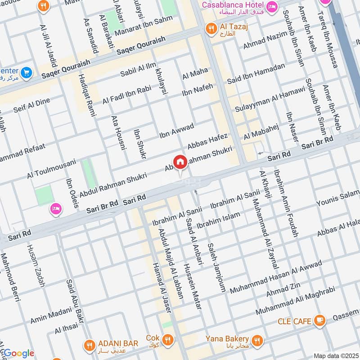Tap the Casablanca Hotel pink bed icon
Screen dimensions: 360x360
tap(272, 6)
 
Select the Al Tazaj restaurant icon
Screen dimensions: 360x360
tap(210, 29)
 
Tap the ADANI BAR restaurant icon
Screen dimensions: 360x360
tap(89, 345)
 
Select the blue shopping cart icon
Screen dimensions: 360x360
tap(26, 72)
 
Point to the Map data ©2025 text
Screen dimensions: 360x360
tap(335, 355)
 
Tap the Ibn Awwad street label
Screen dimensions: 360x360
tap(176, 130)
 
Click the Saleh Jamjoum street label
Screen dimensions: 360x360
tap(216, 268)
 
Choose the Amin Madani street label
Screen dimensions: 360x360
tap(51, 314)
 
